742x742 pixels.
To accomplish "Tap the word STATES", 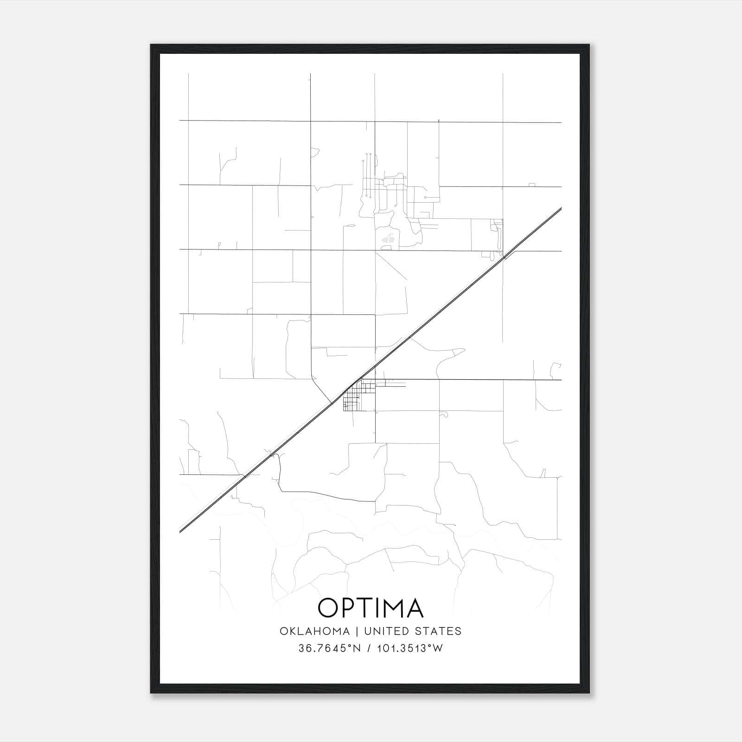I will [438, 631].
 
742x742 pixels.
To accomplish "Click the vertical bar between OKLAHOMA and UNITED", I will [357, 631].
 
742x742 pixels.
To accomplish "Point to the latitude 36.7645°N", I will [329, 648].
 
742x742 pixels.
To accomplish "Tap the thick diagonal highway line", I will [417, 332].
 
